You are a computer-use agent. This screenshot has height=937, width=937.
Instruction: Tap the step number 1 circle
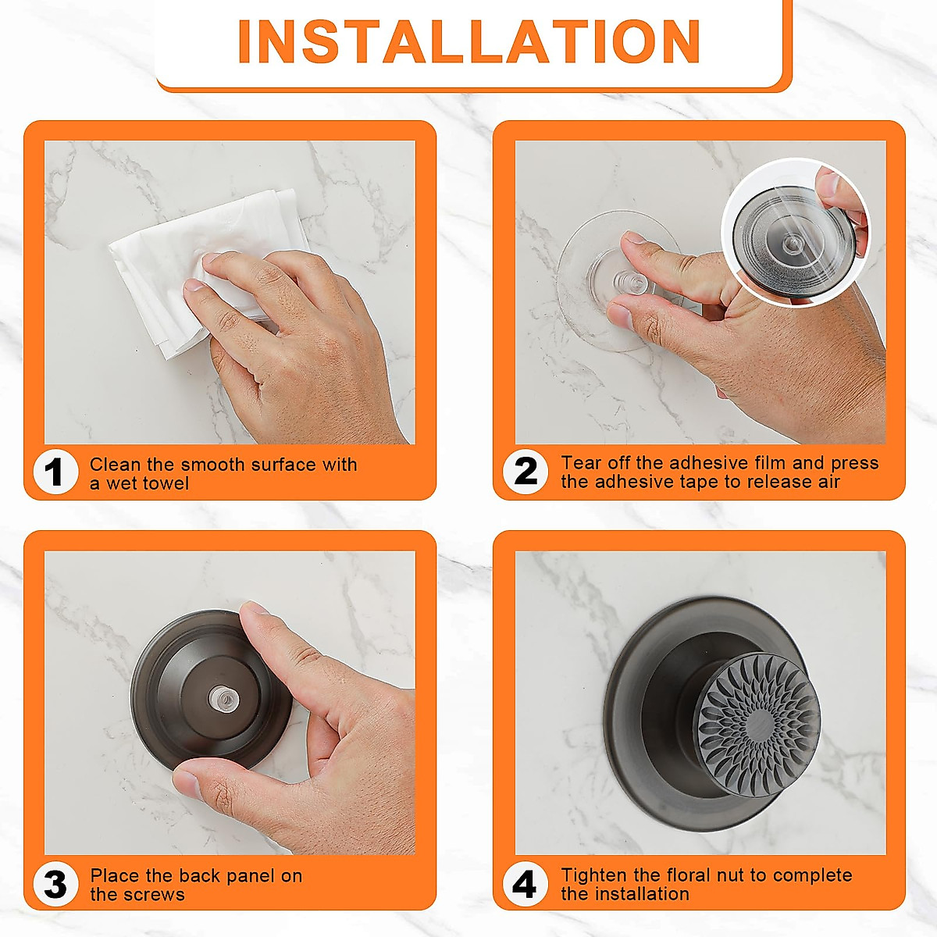pyautogui.click(x=54, y=473)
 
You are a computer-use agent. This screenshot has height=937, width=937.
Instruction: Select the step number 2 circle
pyautogui.click(x=526, y=472)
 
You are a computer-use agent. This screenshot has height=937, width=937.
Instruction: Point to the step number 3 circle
pyautogui.click(x=55, y=885)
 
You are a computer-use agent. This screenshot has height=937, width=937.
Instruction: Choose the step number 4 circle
pyautogui.click(x=525, y=885)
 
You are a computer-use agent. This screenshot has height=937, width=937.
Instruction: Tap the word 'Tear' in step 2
pyautogui.click(x=580, y=463)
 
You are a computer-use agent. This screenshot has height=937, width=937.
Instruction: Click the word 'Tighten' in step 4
pyautogui.click(x=594, y=875)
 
